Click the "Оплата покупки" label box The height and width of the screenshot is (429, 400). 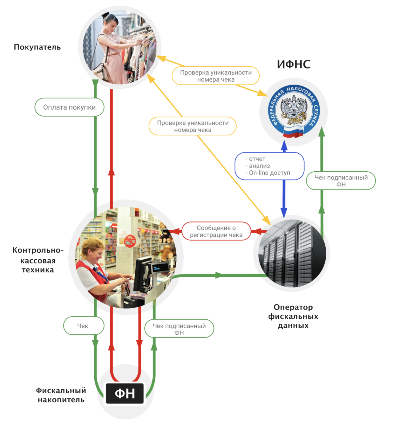tap(69, 107)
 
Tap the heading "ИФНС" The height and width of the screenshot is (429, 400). tap(294, 65)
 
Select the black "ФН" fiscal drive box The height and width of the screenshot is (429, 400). tap(125, 393)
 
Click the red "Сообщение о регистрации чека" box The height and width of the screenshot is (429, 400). tap(216, 231)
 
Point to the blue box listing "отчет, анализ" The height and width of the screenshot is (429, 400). tap(269, 166)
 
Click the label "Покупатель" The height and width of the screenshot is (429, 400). tap(37, 47)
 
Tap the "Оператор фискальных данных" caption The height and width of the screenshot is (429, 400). tap(293, 316)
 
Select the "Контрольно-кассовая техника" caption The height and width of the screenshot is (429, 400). tap(38, 260)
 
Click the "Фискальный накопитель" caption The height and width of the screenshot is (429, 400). tap(61, 395)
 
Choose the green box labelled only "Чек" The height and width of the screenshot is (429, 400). tap(83, 326)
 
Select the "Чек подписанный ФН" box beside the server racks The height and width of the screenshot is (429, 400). tap(341, 181)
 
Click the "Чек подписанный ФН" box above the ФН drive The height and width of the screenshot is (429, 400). tap(179, 329)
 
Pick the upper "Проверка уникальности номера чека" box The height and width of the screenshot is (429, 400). tap(216, 76)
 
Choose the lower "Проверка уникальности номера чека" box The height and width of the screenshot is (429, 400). tap(193, 126)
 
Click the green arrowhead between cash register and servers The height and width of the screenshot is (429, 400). tap(219, 275)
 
